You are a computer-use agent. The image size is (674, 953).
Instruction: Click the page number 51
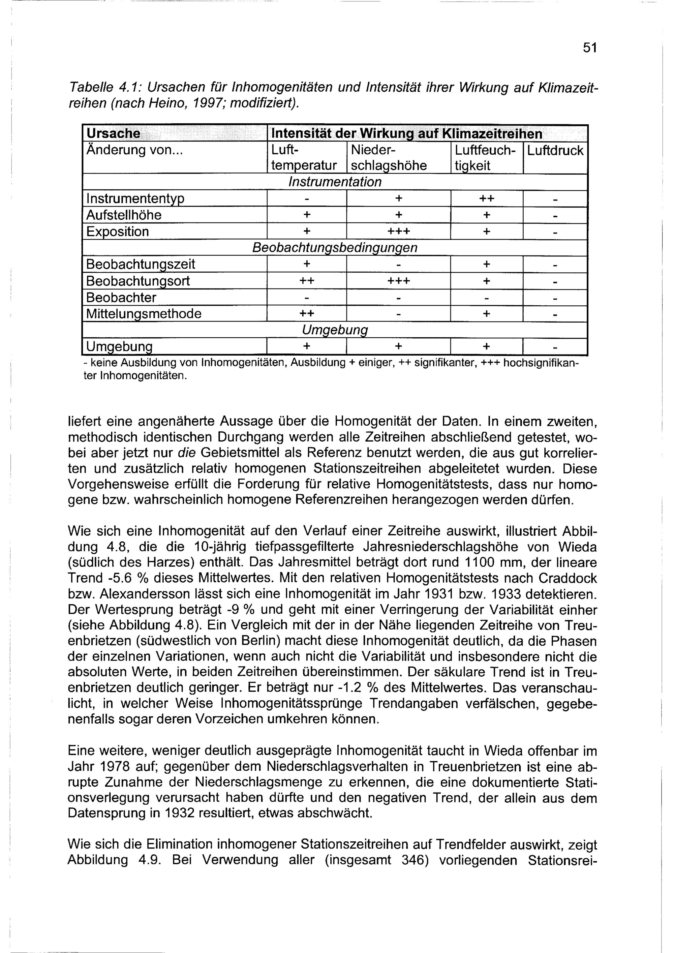[589, 48]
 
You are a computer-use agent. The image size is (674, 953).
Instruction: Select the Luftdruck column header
[555, 150]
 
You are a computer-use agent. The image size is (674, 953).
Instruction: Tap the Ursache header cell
[113, 134]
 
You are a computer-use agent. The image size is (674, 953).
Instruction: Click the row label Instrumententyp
[135, 199]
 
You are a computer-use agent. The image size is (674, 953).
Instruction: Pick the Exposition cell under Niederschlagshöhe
[398, 232]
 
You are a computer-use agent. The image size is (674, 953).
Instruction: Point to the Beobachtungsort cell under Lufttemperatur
[307, 281]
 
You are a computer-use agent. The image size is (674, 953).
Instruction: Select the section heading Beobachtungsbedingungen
[335, 248]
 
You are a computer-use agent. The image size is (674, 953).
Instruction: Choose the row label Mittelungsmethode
[144, 314]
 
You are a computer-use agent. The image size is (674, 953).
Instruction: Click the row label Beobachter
[121, 298]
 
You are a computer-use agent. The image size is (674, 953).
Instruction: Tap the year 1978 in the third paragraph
[124, 766]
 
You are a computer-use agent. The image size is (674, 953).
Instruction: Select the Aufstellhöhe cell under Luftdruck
[555, 215]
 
